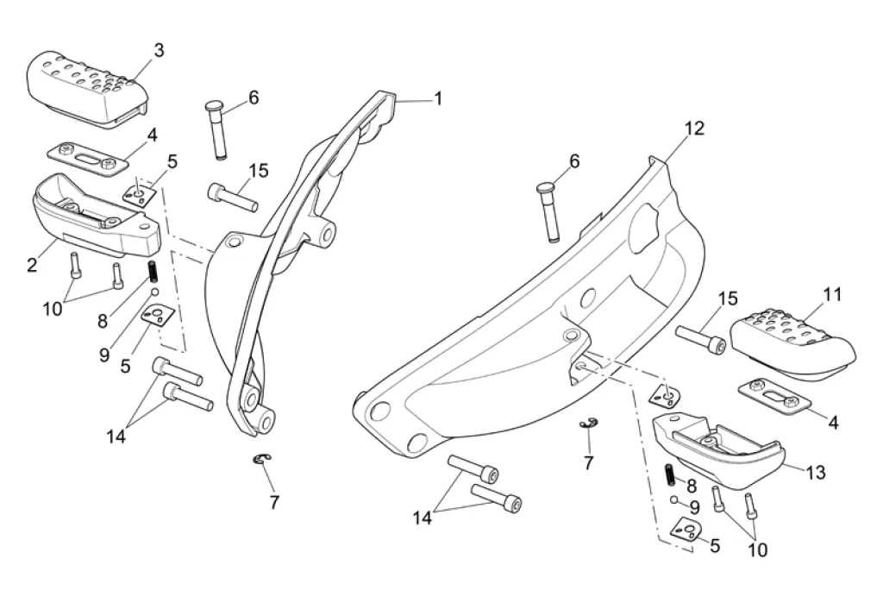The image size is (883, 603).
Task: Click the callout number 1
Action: (438, 98)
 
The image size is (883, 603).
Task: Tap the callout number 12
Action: (694, 129)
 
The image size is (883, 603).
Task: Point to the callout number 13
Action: (816, 472)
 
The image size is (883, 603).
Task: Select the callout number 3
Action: (159, 50)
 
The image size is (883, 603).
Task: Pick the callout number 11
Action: (832, 294)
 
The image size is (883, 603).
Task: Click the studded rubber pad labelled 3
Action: (87, 91)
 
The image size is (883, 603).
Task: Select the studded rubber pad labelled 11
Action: (793, 344)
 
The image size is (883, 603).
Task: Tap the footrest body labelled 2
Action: (97, 213)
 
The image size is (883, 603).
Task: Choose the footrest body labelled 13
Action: (718, 451)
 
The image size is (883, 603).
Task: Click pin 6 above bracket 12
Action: (548, 212)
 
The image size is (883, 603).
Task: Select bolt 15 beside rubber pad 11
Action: (700, 338)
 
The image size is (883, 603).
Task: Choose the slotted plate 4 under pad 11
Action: (775, 396)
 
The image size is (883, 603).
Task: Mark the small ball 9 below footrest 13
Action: (674, 499)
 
